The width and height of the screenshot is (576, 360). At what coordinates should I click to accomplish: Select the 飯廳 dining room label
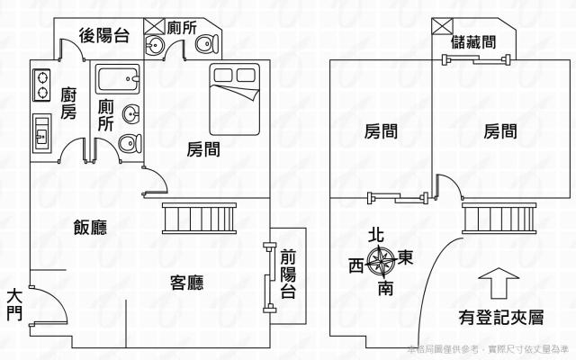tap(90, 228)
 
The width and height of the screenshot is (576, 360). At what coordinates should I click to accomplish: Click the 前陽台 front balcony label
tap(287, 274)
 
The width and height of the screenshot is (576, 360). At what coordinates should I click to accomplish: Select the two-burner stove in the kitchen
tap(41, 83)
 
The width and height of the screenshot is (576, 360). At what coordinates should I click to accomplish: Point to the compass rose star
tap(383, 262)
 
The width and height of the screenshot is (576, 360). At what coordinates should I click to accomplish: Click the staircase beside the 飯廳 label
tap(199, 219)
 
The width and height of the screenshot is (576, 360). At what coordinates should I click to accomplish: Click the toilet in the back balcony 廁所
tap(206, 44)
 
